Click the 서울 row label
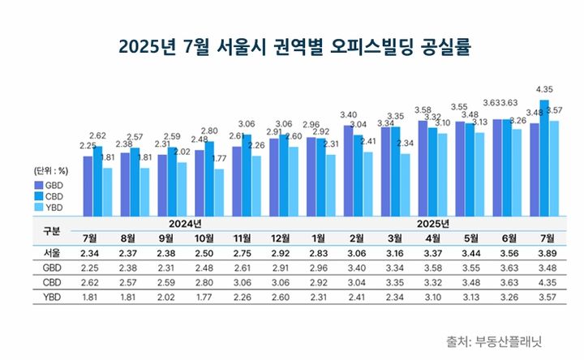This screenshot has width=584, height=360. (51, 253)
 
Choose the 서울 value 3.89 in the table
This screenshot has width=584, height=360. (547, 253)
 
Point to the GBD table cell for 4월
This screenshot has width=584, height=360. (433, 268)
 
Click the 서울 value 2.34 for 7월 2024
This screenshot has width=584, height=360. (91, 253)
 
